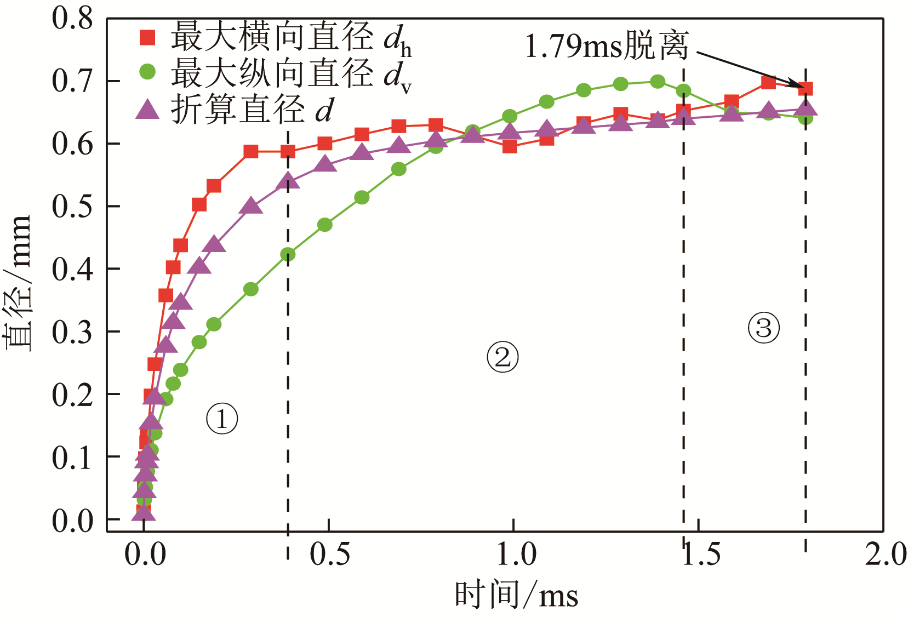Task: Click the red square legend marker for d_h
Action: coord(147,37)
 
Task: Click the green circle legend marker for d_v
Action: coord(147,72)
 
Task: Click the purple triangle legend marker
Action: coord(147,108)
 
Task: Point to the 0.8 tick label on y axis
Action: coord(73,19)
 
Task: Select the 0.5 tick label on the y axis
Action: coord(73,207)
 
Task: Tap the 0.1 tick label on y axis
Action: coord(73,457)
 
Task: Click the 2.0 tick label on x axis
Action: coord(886,554)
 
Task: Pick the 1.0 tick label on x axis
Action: coord(516,554)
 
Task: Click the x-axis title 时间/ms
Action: coord(516,595)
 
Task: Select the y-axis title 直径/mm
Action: coord(18,282)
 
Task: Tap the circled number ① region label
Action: coord(222,419)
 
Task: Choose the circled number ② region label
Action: coord(502,357)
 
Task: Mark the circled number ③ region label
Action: coord(763,328)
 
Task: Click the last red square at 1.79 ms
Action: coord(806,89)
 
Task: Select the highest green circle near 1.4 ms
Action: coord(658,82)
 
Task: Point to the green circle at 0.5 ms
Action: coord(325,225)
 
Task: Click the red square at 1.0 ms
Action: coord(510,146)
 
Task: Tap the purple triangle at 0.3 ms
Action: coord(251,206)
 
